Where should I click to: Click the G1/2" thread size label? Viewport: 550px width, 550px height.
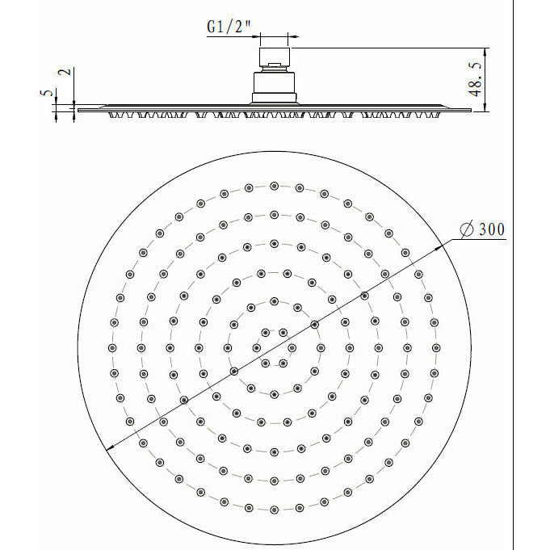[x=229, y=27]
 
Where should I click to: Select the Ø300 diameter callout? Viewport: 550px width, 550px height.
[x=481, y=230]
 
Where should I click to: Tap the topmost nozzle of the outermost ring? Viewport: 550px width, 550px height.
[x=275, y=186]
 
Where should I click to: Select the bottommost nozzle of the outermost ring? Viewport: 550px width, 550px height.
[x=275, y=510]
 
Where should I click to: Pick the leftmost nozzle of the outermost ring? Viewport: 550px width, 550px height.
[x=112, y=347]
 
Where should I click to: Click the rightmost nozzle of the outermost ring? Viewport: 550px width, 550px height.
[x=436, y=347]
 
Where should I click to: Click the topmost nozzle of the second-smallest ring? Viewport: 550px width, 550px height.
[x=275, y=302]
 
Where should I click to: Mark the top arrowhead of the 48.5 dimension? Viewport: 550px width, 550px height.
[x=485, y=50]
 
